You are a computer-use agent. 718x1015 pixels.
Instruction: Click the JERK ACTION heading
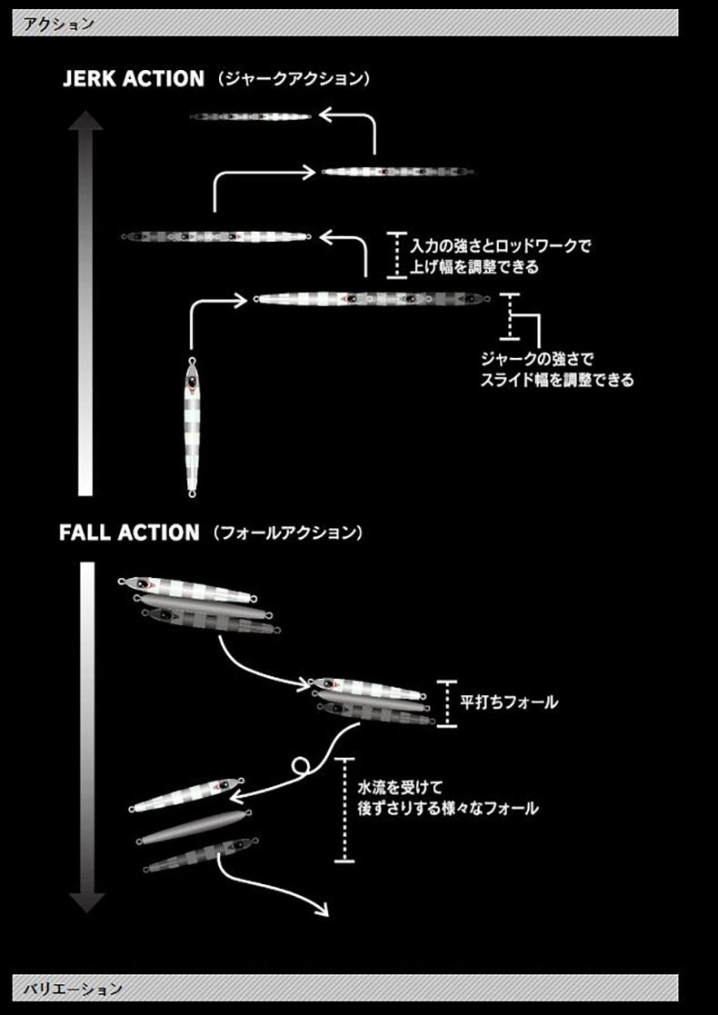click(x=134, y=79)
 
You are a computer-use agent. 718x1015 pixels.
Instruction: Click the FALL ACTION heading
click(x=129, y=532)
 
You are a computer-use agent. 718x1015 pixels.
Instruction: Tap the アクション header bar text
click(x=58, y=24)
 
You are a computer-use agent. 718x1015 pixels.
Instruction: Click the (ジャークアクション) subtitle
click(x=294, y=79)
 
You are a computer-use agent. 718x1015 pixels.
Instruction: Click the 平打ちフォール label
click(x=509, y=702)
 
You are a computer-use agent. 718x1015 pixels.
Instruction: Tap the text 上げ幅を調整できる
click(x=474, y=267)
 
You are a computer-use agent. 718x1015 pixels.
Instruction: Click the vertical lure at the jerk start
click(x=191, y=427)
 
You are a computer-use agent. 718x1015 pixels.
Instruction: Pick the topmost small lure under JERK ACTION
click(x=251, y=116)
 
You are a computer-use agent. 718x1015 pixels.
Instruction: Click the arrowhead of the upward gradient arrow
click(x=85, y=123)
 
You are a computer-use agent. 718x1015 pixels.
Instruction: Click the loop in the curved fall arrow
click(x=303, y=767)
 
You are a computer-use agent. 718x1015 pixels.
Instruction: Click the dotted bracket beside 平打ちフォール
click(x=447, y=702)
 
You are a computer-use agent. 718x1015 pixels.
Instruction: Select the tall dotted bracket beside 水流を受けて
click(x=344, y=809)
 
